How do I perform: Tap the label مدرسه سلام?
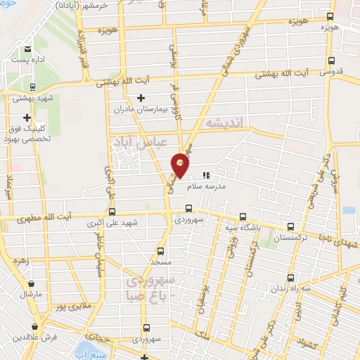tap(205, 187)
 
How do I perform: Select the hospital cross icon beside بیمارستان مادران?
tap(141, 98)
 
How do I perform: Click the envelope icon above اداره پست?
tap(27, 49)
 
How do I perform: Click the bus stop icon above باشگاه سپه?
tap(243, 217)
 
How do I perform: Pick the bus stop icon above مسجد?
tap(160, 250)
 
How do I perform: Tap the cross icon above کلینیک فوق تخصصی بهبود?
tap(27, 117)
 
